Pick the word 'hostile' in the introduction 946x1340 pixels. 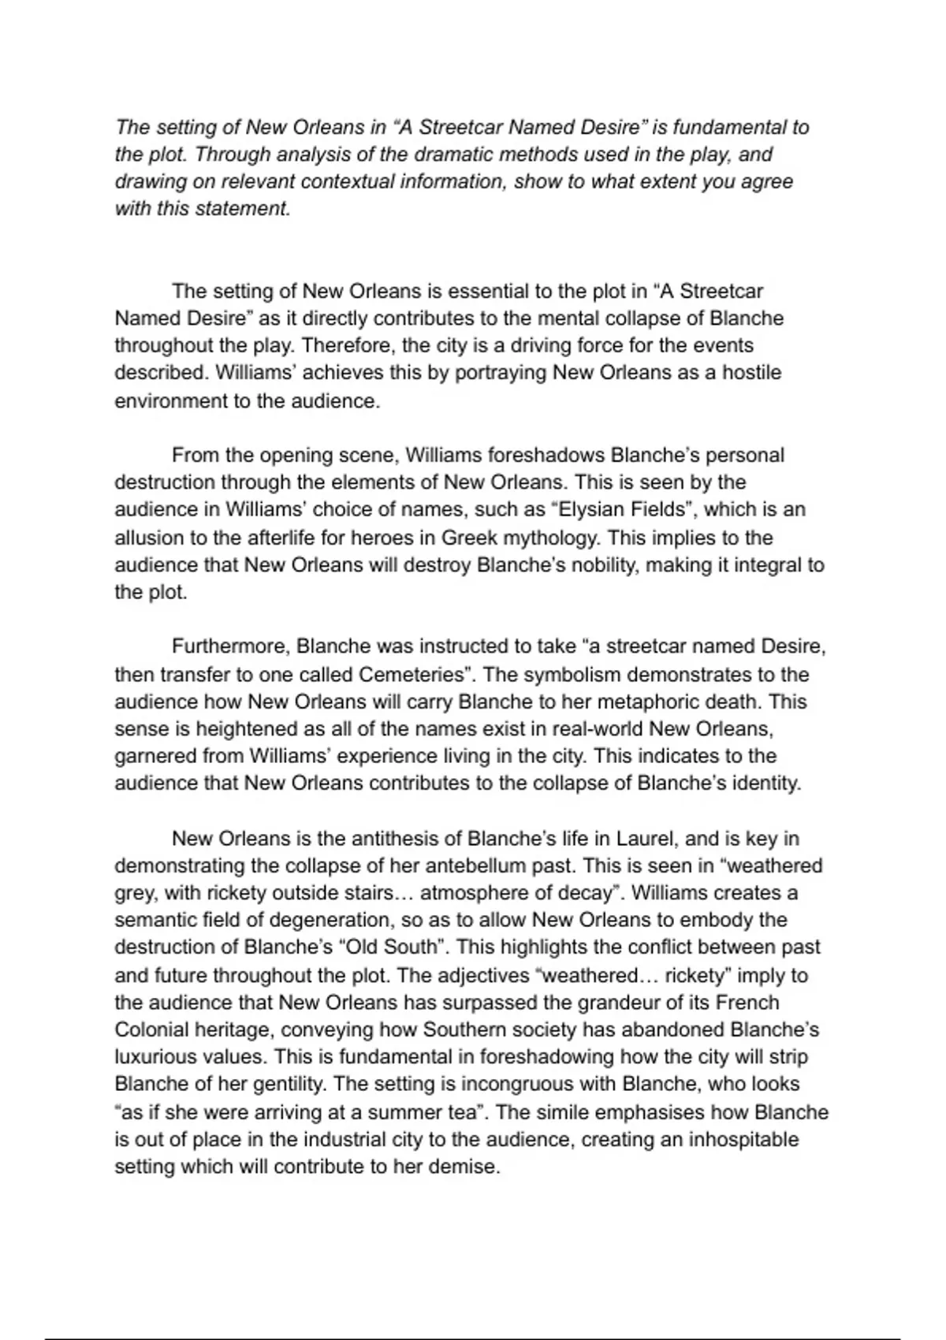pyautogui.click(x=752, y=372)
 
